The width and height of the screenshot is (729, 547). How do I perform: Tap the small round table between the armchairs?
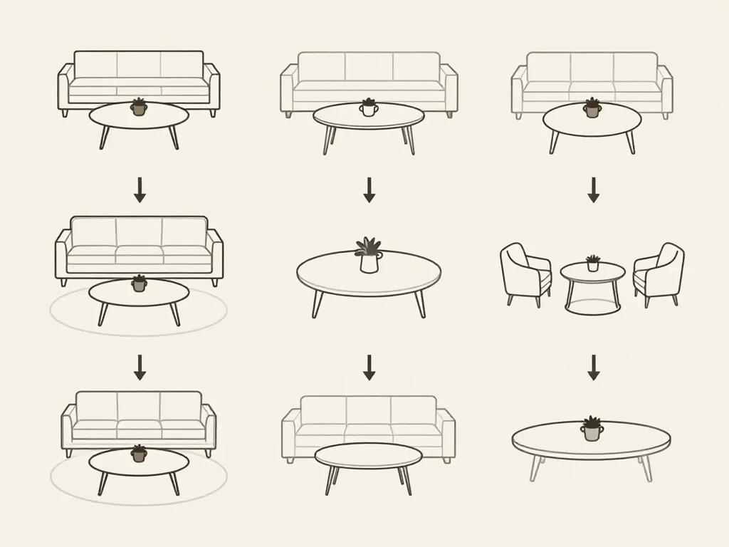592,273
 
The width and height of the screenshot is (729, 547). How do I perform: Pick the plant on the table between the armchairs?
592,262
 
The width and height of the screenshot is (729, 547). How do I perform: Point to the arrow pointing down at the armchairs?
593,189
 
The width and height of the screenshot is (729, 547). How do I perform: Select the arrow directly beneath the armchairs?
593,368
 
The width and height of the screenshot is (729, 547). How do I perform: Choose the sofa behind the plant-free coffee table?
368,420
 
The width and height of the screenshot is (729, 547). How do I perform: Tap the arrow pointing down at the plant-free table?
369,368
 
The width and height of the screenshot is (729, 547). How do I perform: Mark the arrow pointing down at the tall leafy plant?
369,189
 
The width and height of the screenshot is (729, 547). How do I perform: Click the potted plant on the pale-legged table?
592,429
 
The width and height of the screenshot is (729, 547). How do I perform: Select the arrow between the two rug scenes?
140,368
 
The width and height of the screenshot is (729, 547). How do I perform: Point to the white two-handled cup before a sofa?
368,108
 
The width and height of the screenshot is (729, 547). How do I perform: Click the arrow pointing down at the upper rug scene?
140,189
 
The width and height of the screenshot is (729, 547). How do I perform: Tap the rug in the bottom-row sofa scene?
71,484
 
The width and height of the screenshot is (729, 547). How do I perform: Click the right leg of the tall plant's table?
420,304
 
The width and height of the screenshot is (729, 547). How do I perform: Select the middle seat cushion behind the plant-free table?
368,430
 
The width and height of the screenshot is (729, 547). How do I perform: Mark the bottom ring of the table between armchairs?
592,307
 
